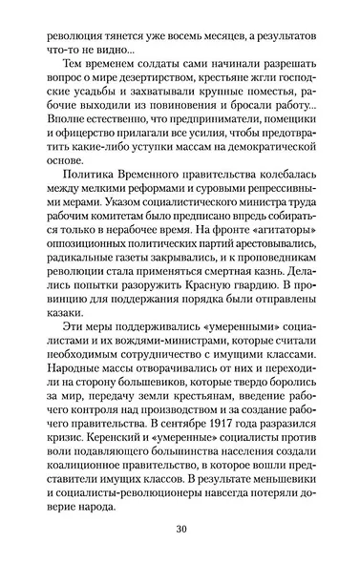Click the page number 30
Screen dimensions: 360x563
[x=180, y=530]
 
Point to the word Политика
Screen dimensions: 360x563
[x=88, y=177]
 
